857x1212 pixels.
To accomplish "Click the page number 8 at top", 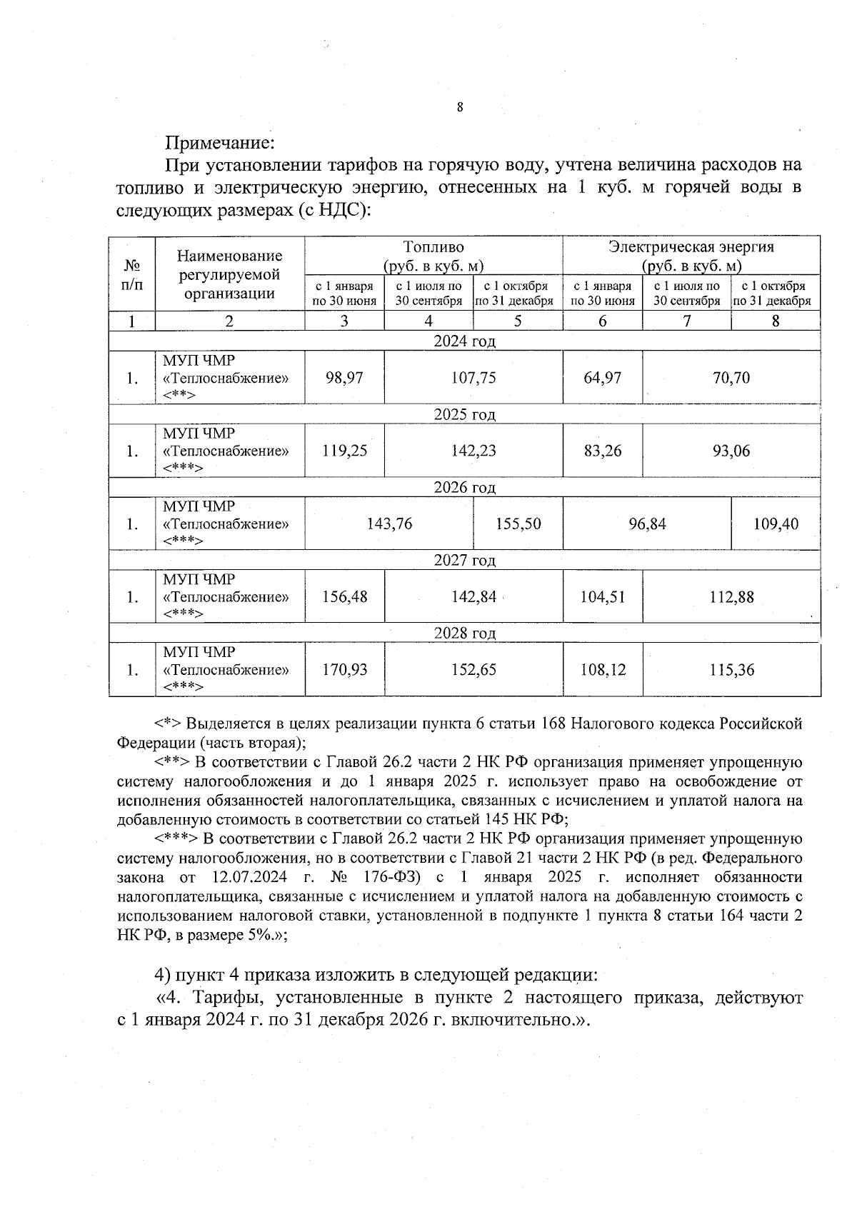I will pyautogui.click(x=459, y=108).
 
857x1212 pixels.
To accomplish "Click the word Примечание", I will pyautogui.click(x=220, y=142).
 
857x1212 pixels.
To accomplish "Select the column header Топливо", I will pyautogui.click(x=433, y=247).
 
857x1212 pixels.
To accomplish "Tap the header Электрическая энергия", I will pyautogui.click(x=691, y=247).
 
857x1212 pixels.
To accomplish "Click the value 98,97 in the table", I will pyautogui.click(x=344, y=378).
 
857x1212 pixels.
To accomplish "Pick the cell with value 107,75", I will pyautogui.click(x=473, y=378).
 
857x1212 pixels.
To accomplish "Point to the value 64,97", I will pyautogui.click(x=602, y=378).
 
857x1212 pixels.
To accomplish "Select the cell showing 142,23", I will pyautogui.click(x=473, y=451).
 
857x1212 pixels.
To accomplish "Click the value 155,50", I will pyautogui.click(x=518, y=524).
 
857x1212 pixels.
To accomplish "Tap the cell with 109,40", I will pyautogui.click(x=776, y=524).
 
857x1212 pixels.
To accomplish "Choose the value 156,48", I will pyautogui.click(x=344, y=597).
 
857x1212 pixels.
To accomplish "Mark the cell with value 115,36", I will pyautogui.click(x=731, y=670).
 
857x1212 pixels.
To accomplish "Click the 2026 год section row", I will pyautogui.click(x=464, y=488).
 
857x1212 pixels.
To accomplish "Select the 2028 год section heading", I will pyautogui.click(x=464, y=633).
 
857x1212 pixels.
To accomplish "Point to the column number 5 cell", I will pyautogui.click(x=518, y=321).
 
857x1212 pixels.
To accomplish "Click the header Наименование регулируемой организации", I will pyautogui.click(x=229, y=274).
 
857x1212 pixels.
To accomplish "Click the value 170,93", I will pyautogui.click(x=344, y=670).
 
